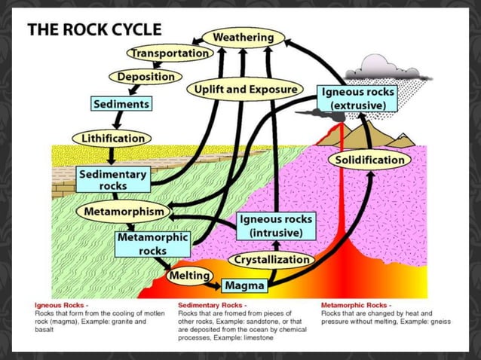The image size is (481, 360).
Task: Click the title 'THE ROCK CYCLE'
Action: coord(94,30)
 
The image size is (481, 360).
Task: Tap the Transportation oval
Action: coord(170,53)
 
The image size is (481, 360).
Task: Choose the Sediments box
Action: coord(120,103)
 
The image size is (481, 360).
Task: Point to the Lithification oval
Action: coord(111,139)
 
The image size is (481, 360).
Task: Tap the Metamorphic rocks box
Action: coord(152,244)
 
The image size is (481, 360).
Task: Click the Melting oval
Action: coord(188,276)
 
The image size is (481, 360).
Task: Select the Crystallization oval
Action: coord(271,260)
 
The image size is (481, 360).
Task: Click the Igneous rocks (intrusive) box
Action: coord(276,226)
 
